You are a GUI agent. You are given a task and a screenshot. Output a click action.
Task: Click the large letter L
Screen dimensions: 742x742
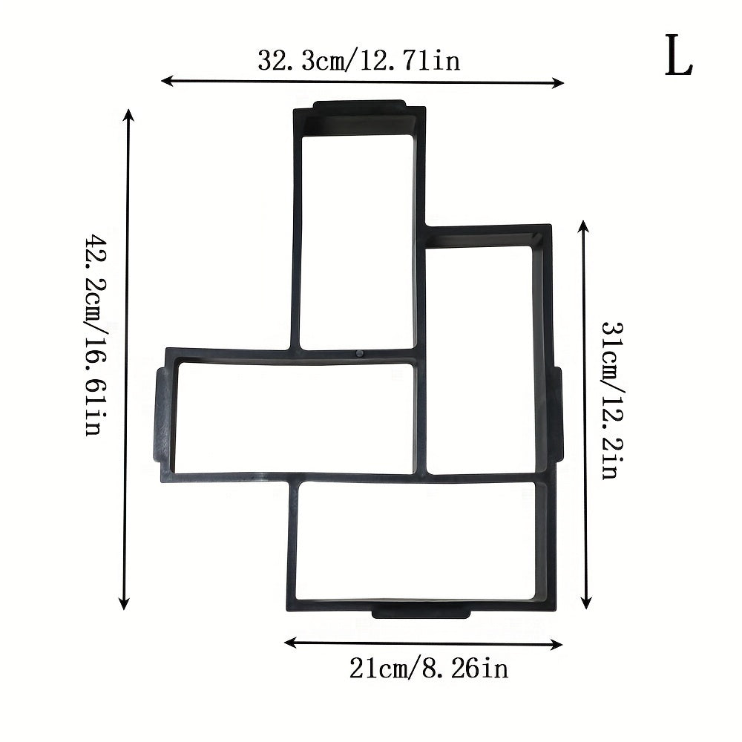tap(678, 57)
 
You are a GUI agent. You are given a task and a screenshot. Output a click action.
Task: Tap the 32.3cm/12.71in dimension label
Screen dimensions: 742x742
tap(358, 60)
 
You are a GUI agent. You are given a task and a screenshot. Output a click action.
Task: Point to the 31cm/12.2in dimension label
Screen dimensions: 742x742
tap(610, 400)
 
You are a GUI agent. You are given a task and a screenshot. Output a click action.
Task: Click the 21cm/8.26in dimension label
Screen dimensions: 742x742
tap(429, 669)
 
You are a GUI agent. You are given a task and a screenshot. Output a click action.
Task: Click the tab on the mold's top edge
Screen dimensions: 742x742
tap(359, 106)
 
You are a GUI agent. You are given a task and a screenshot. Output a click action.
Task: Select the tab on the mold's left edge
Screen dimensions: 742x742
tap(159, 414)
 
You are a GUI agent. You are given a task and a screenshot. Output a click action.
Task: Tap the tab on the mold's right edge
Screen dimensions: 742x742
tap(558, 416)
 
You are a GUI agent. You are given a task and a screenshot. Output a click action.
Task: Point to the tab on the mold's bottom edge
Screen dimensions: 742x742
tap(421, 612)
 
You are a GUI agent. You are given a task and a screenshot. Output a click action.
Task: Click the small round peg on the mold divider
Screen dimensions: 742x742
tap(360, 354)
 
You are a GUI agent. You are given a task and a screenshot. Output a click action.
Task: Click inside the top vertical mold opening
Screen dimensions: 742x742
tap(358, 237)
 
